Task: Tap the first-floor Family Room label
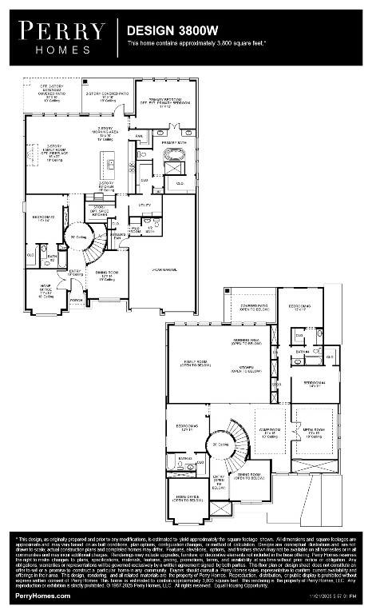pyautogui.click(x=55, y=152)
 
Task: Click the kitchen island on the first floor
pyautogui.click(x=111, y=165)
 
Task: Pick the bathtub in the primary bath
pyautogui.click(x=172, y=161)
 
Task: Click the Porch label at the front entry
pyautogui.click(x=76, y=301)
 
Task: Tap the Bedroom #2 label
pyautogui.click(x=44, y=217)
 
